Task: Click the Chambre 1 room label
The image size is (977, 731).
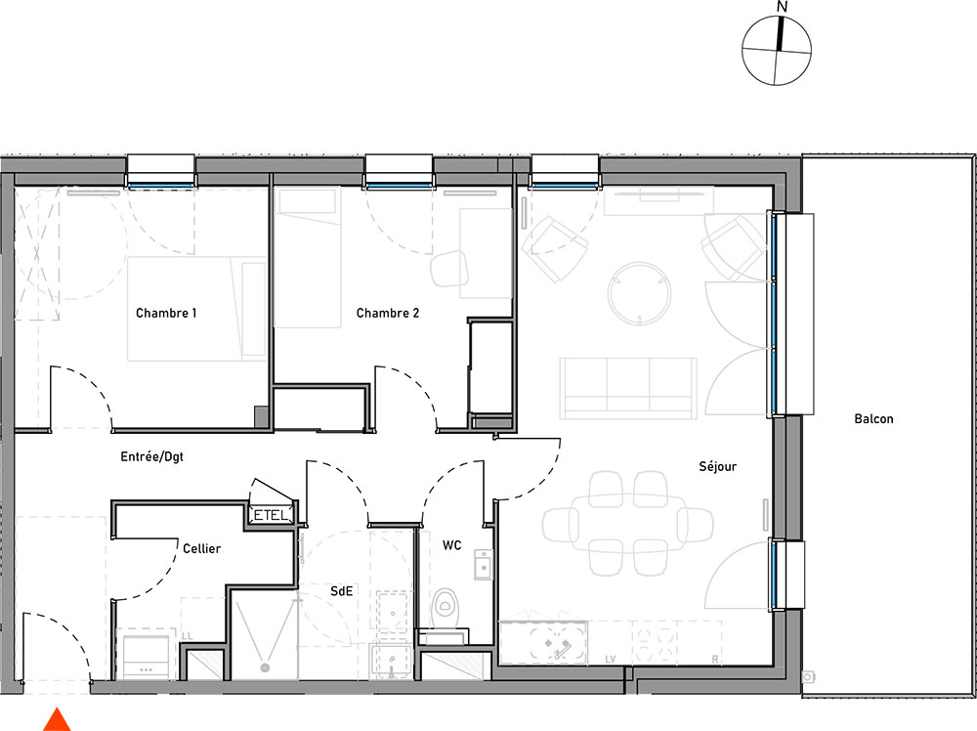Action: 166,313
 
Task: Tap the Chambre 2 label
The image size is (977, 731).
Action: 388,313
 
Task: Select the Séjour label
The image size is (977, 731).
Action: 718,466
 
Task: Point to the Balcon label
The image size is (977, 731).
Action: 873,419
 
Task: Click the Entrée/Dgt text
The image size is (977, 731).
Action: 152,456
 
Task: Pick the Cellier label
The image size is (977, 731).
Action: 201,548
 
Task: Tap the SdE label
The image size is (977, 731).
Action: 341,590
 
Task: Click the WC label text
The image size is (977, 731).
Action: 451,545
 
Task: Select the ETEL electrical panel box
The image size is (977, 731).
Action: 271,515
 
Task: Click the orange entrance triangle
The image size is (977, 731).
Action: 57,720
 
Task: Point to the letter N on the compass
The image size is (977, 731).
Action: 783,7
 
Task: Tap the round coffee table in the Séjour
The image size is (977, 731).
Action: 639,293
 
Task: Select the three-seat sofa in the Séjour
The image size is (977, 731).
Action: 628,388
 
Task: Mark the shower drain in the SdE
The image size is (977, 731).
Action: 265,667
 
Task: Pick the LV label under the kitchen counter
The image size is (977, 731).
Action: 610,660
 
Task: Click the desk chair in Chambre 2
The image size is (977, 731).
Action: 449,268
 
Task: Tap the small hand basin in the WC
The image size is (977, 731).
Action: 484,565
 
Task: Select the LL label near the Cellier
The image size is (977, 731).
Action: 187,636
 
